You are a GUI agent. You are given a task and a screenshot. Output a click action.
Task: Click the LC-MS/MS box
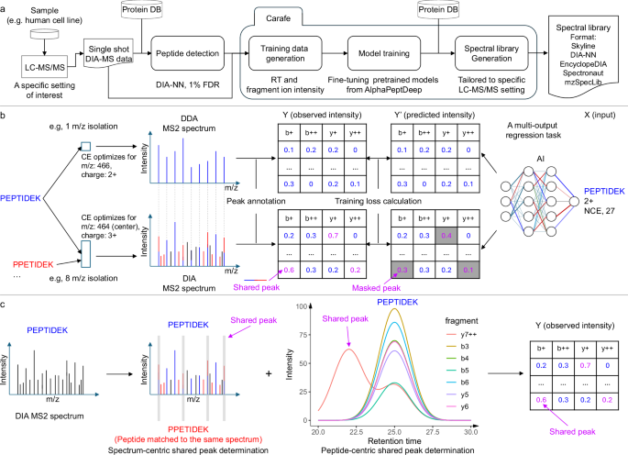[41, 66]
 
